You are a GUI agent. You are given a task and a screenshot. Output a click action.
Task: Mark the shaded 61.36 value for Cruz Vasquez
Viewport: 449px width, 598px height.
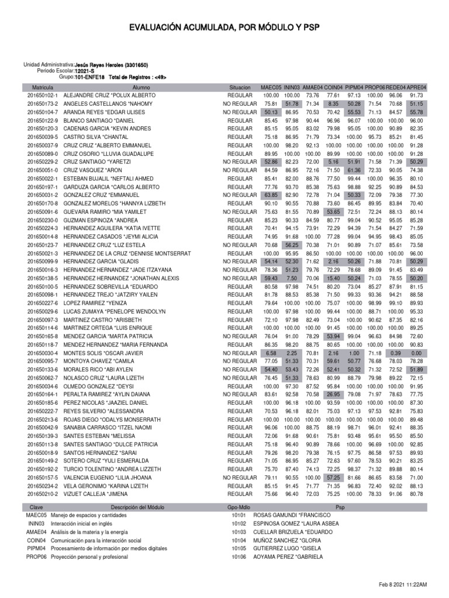(354, 170)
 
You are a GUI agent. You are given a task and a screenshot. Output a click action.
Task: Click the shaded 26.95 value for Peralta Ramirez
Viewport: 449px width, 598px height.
(333, 395)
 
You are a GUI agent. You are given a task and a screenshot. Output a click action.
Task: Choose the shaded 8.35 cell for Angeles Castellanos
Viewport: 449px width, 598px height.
(333, 103)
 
